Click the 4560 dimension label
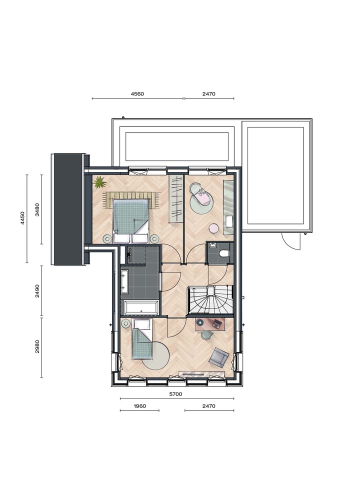pyautogui.click(x=137, y=93)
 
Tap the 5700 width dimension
pyautogui.click(x=175, y=394)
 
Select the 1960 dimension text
pyautogui.click(x=139, y=406)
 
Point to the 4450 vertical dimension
pyautogui.click(x=22, y=218)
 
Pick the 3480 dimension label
pyautogui.click(x=37, y=209)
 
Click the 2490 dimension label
pyautogui.click(x=37, y=291)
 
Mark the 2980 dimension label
pyautogui.click(x=37, y=347)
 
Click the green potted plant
pyautogui.click(x=99, y=182)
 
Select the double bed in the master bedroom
pyautogui.click(x=131, y=216)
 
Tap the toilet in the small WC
pyautogui.click(x=223, y=253)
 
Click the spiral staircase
pyautogui.click(x=210, y=299)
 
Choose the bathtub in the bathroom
pyautogui.click(x=141, y=307)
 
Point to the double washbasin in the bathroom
pyautogui.click(x=124, y=282)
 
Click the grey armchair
pyautogui.click(x=219, y=357)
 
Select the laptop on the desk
pyautogui.click(x=216, y=323)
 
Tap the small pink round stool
pyautogui.click(x=213, y=228)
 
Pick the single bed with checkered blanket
pyautogui.click(x=142, y=341)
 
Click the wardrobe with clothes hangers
pyautogui.click(x=176, y=199)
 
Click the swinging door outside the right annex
pyautogui.click(x=290, y=242)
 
